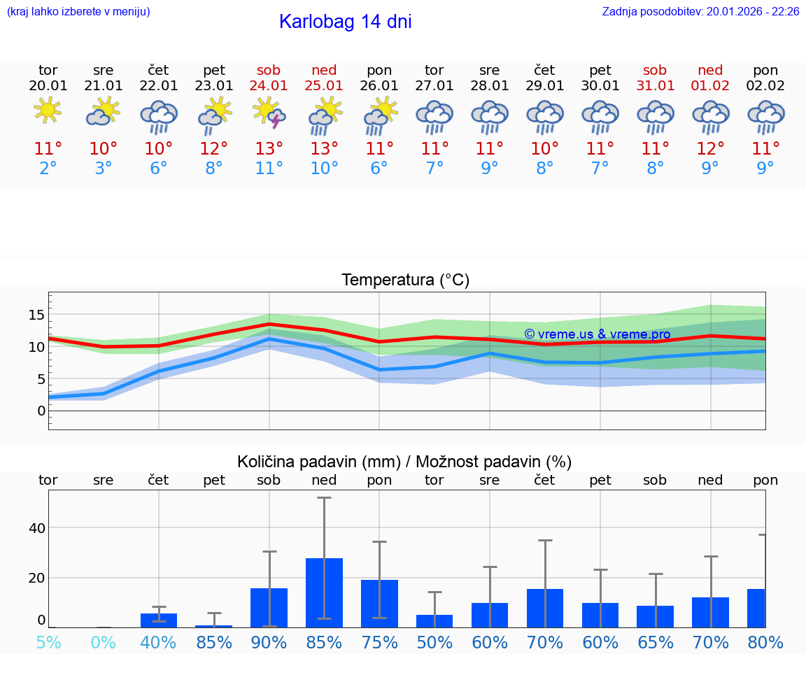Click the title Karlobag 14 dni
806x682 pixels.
tap(345, 22)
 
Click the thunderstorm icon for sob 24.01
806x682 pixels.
tap(269, 114)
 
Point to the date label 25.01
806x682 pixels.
tap(324, 86)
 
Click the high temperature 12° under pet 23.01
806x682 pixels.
tap(214, 149)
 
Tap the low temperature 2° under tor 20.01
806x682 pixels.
tap(48, 169)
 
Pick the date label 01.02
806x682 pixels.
tap(711, 86)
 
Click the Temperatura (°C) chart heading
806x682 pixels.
tap(405, 280)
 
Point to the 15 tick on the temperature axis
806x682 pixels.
tap(36, 315)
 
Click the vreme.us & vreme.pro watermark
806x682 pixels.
tap(598, 334)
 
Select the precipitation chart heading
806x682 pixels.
tap(404, 462)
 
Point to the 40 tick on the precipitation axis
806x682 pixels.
tap(36, 527)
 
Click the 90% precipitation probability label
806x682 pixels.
tap(269, 642)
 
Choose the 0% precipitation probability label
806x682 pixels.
tap(104, 642)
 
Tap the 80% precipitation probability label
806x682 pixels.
tap(765, 642)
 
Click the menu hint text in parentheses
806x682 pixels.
tap(78, 11)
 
